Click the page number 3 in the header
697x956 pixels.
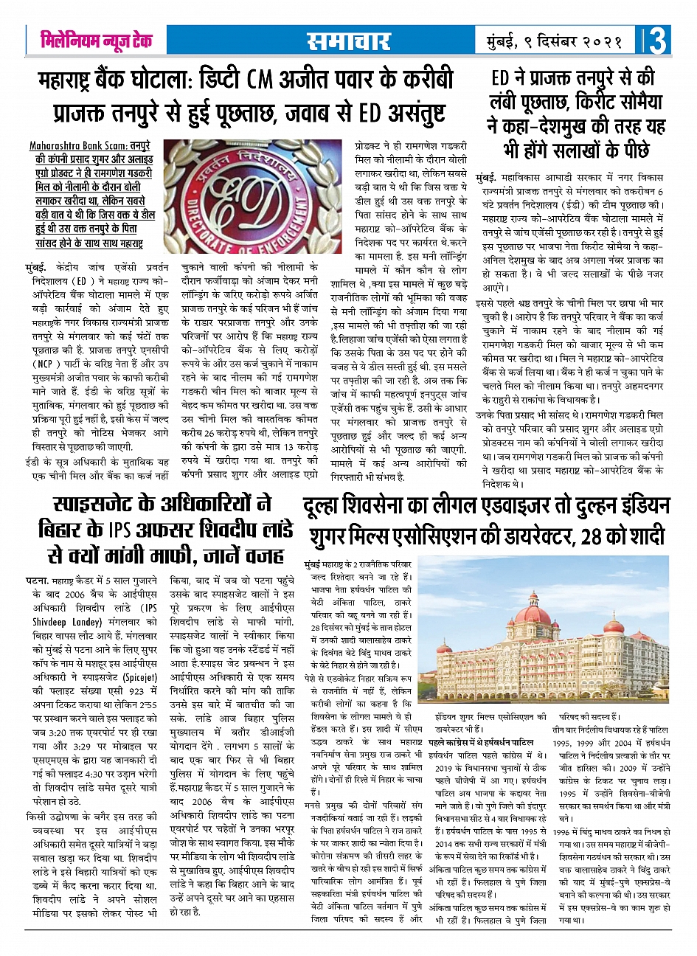[x=656, y=41]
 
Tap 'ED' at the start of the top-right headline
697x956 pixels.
[x=501, y=79]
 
